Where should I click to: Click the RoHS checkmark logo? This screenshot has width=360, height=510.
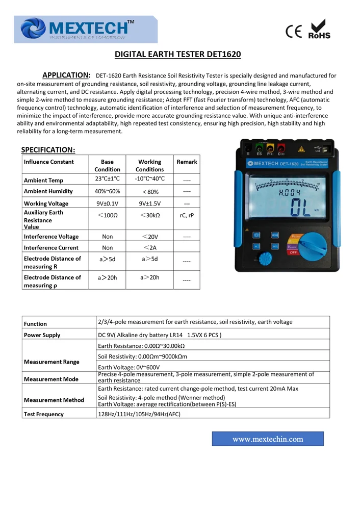319,29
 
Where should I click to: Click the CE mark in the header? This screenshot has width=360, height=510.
294,32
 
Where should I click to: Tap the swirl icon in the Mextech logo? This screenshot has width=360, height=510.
33,29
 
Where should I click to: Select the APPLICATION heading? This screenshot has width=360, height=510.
66,75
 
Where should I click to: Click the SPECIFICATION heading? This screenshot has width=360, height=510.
48,149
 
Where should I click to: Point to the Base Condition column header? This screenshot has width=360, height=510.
107,165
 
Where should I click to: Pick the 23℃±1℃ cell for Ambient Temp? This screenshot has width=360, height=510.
107,179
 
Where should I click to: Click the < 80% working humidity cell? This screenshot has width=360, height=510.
150,192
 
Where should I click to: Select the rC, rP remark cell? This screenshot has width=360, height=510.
187,215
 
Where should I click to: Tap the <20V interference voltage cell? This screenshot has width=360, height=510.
150,237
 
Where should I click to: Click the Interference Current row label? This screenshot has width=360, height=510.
51,248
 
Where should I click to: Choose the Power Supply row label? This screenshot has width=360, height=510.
42,335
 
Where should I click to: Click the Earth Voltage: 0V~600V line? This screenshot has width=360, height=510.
128,367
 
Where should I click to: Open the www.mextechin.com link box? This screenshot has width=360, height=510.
268,439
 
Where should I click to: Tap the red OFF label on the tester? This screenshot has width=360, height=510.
293,252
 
